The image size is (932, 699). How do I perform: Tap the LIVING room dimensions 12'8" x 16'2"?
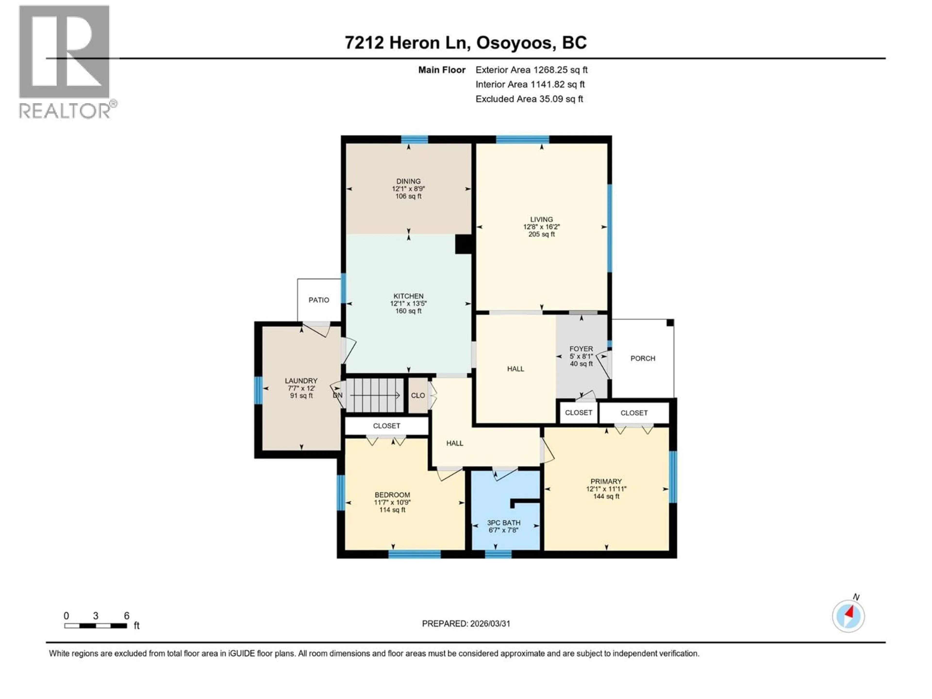(x=541, y=227)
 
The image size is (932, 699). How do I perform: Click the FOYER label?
(x=581, y=349)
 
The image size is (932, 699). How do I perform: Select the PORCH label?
(x=642, y=358)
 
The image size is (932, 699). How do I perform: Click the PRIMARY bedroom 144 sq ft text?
(x=606, y=496)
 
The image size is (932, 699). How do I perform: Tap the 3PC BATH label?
(x=504, y=523)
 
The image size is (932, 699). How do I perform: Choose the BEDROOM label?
(x=392, y=495)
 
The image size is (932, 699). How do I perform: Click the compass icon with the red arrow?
(x=848, y=616)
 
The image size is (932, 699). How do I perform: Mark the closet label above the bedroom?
(x=386, y=426)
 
